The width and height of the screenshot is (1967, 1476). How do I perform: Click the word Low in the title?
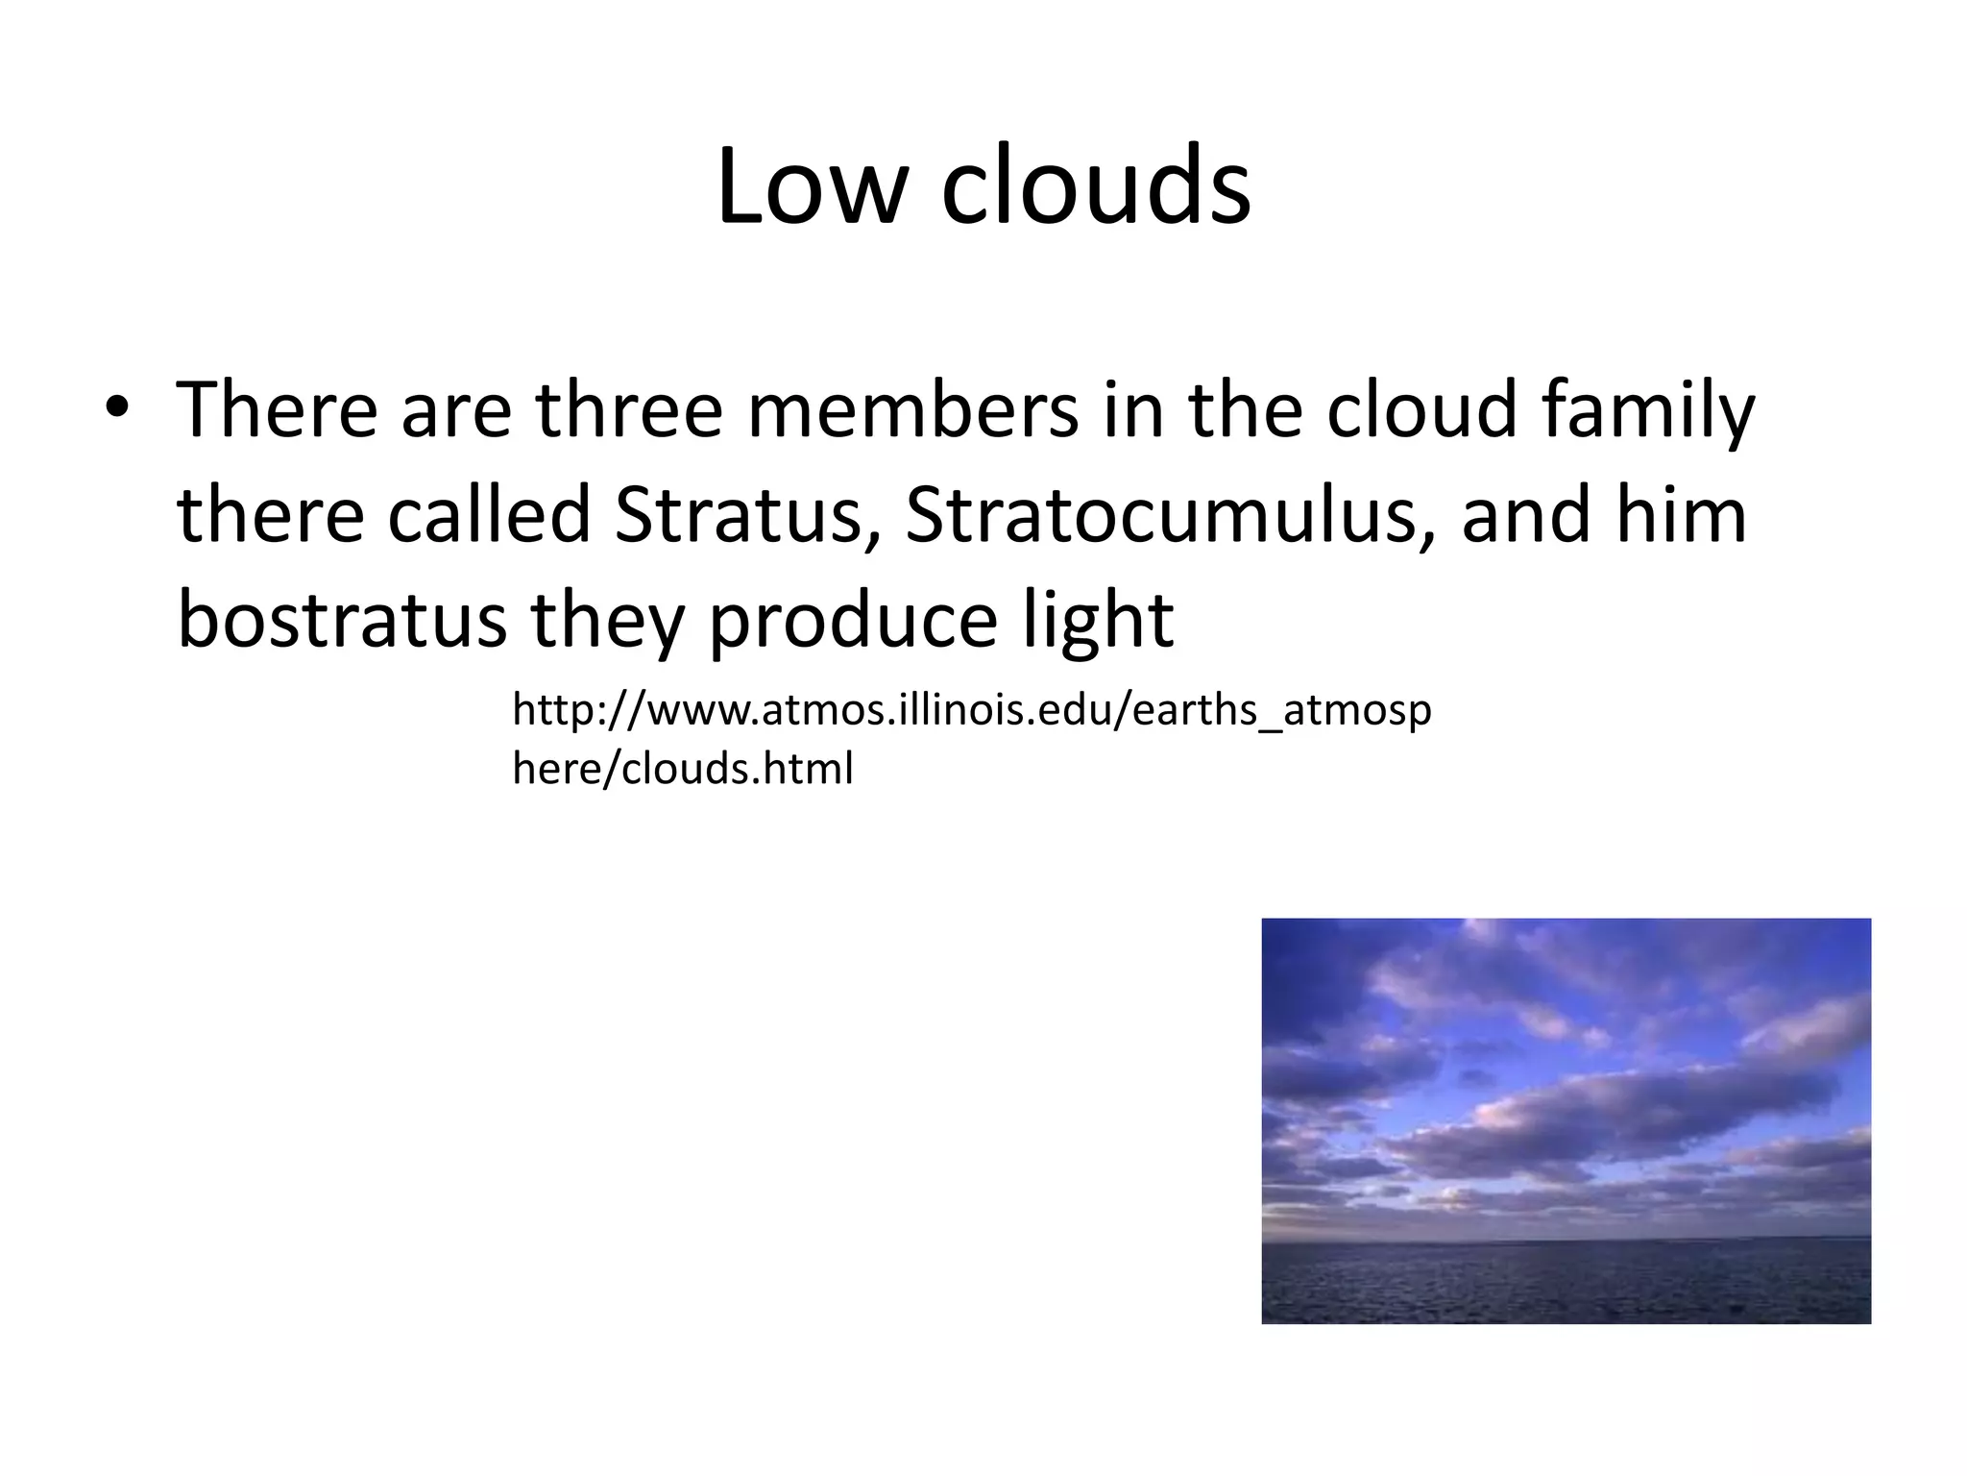pyautogui.click(x=812, y=185)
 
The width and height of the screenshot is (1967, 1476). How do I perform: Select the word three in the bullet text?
pyautogui.click(x=628, y=410)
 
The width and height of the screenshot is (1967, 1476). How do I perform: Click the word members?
pyautogui.click(x=912, y=410)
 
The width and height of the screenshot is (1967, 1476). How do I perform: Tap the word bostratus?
pyautogui.click(x=342, y=620)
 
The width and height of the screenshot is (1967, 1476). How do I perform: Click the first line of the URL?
pyautogui.click(x=971, y=711)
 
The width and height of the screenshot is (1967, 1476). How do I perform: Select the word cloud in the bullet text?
pyautogui.click(x=1421, y=410)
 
